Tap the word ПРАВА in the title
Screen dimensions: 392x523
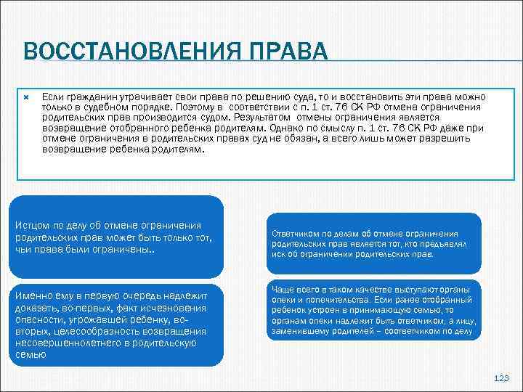[x=289, y=53]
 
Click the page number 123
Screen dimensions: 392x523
[x=501, y=379]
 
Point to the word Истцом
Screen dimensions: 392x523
[x=32, y=225]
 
